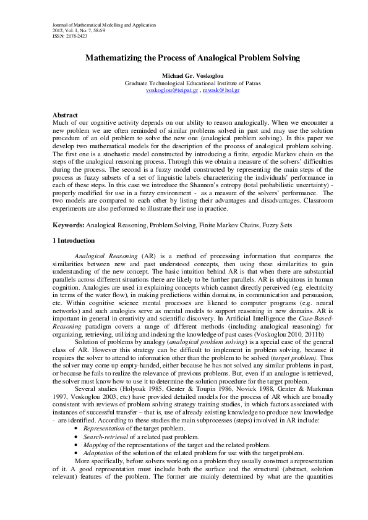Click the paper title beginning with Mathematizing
(x=184, y=58)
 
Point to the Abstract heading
(x=64, y=115)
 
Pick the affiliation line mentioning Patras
(x=184, y=83)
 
